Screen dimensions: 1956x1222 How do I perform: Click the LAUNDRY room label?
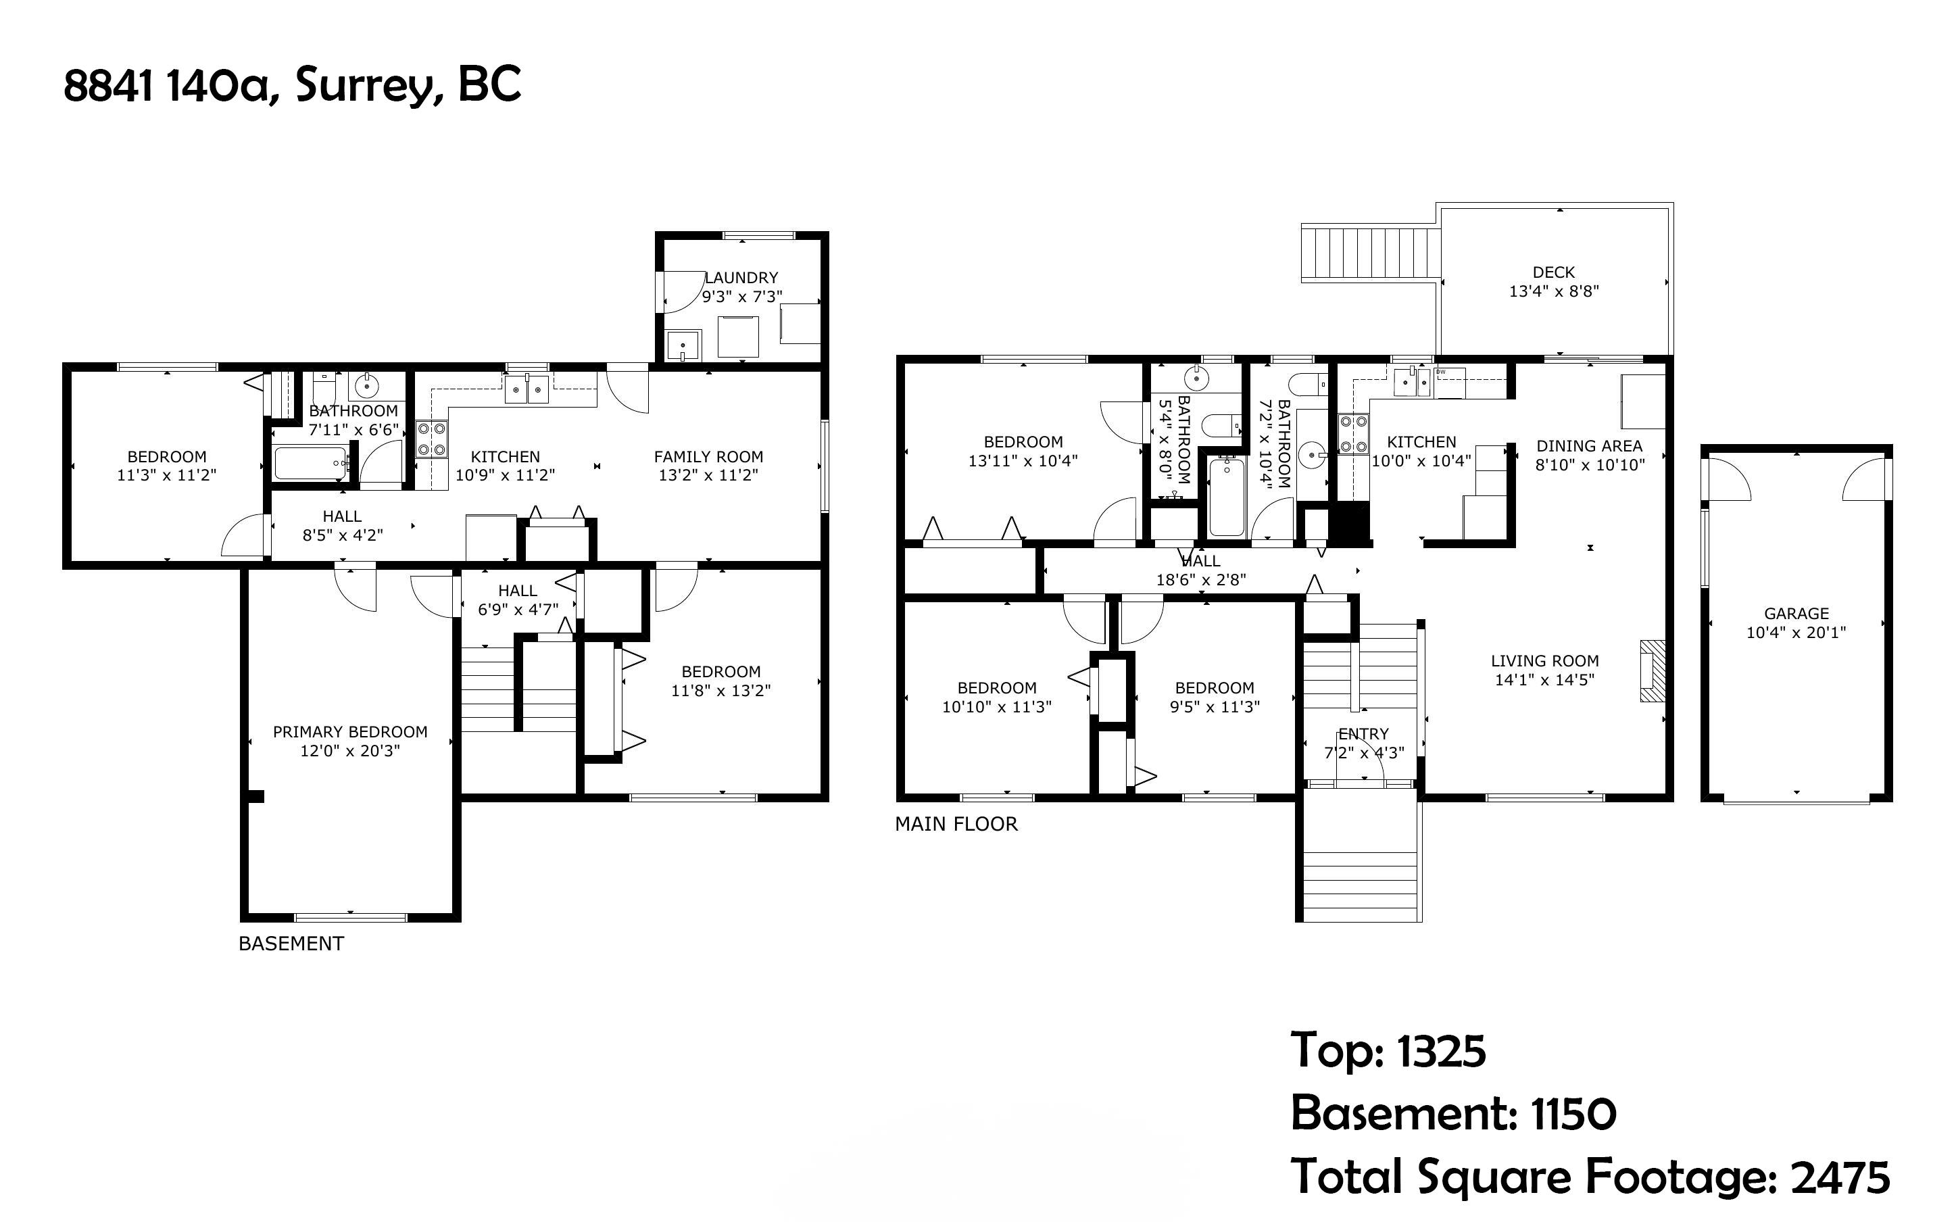(741, 278)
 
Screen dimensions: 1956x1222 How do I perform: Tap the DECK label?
(1554, 272)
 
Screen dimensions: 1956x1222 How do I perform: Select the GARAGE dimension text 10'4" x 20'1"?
(1796, 633)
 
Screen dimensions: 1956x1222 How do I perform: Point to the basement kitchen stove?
(433, 439)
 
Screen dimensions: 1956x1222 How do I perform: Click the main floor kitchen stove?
(1353, 434)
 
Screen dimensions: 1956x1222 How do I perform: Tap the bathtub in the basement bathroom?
(312, 463)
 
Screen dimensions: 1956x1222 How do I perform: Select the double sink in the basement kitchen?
(527, 389)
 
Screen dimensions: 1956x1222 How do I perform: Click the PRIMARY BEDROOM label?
(350, 732)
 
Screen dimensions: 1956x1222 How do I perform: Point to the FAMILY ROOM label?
(708, 457)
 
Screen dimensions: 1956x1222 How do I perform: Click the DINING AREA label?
(1589, 446)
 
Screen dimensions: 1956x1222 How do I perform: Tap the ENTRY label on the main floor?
(1364, 734)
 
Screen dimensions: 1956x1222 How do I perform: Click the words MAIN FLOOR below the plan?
(956, 825)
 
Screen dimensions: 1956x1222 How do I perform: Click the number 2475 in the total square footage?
(1841, 1177)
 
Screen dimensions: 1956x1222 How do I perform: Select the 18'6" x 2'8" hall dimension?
(1202, 579)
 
